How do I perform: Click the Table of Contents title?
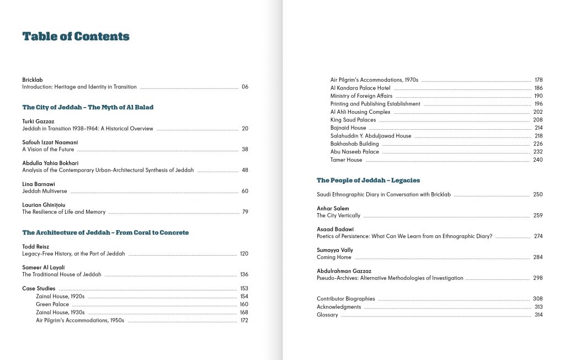tap(76, 37)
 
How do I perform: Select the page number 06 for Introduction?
tap(245, 87)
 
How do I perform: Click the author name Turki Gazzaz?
tap(38, 121)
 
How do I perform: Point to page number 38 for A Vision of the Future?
tap(245, 150)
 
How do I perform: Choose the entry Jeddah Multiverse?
tap(45, 191)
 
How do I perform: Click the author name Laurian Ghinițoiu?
tap(44, 205)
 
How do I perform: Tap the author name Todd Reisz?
tap(36, 246)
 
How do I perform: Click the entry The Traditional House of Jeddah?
tap(62, 274)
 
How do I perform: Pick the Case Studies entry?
tap(39, 289)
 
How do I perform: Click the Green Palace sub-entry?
tap(52, 304)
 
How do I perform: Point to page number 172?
tap(244, 320)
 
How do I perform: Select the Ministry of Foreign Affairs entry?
tap(361, 96)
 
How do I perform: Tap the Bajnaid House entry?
tap(348, 128)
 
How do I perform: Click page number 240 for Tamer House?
tap(538, 160)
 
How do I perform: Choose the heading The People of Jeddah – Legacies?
tap(368, 181)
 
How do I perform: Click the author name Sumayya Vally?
tap(335, 250)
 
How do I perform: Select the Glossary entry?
tap(327, 315)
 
